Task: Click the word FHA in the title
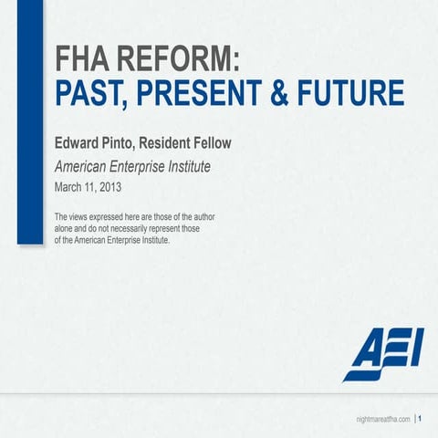[85, 61]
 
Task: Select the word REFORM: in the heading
[181, 61]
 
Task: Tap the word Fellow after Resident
[235, 145]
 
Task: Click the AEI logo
[383, 352]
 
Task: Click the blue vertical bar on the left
[30, 122]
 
